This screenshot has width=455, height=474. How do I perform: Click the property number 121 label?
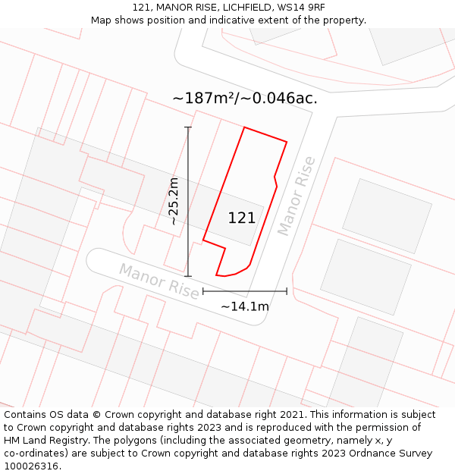(x=242, y=218)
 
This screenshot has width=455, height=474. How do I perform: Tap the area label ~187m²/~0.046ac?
(x=244, y=98)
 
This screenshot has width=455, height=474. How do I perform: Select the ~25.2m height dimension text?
(x=174, y=201)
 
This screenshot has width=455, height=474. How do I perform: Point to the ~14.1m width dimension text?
(x=244, y=306)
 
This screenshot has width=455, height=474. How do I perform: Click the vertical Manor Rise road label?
(x=296, y=195)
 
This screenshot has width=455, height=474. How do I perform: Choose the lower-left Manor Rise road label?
(x=159, y=281)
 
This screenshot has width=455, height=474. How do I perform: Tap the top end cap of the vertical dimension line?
(x=188, y=127)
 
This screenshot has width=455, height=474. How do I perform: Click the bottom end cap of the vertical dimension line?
(x=188, y=276)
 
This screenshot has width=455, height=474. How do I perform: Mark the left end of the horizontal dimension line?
(x=203, y=290)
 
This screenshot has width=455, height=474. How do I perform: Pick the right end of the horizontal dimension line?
(x=287, y=290)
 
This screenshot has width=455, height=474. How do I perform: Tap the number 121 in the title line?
(x=141, y=8)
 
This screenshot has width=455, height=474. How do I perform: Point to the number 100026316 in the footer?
(x=30, y=466)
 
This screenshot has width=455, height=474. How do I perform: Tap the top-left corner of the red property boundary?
(x=244, y=127)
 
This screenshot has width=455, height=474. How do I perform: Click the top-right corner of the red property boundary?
(x=287, y=141)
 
